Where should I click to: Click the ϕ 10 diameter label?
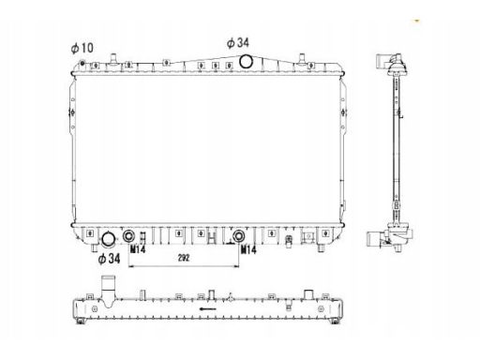click(x=82, y=48)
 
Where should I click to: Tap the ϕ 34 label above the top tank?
click(x=238, y=43)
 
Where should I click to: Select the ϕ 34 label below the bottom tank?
click(x=109, y=259)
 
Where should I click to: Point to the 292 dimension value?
click(x=184, y=258)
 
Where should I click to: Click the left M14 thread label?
click(x=138, y=249)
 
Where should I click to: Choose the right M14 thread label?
click(x=248, y=249)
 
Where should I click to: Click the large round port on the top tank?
click(x=246, y=61)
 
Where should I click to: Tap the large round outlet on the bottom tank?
click(x=109, y=239)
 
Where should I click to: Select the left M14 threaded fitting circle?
click(x=128, y=236)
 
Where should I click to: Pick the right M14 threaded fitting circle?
click(x=239, y=236)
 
